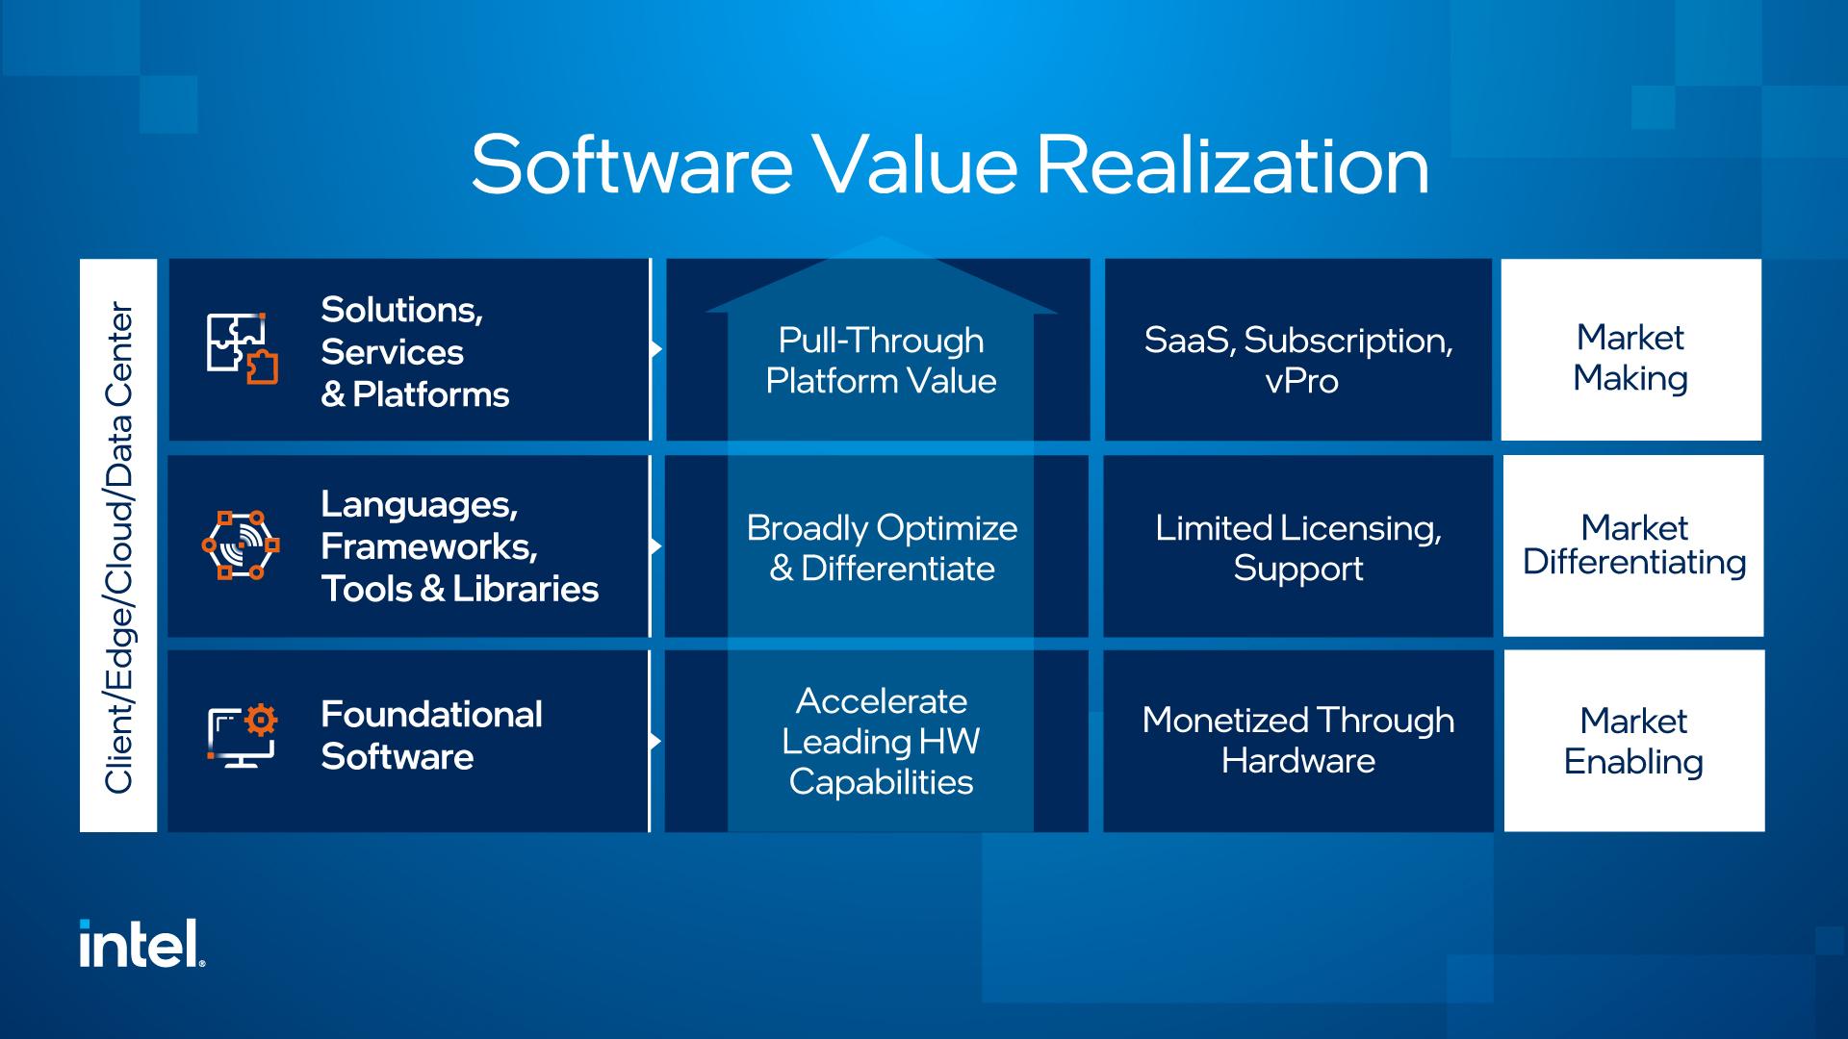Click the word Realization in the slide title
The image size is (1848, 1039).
click(x=1232, y=165)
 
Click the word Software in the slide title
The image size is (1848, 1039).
click(x=631, y=165)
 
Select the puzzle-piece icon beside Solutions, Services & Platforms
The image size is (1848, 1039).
click(x=242, y=348)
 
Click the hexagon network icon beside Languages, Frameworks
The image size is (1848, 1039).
click(x=241, y=545)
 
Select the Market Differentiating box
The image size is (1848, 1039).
click(x=1633, y=545)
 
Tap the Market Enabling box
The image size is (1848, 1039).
click(x=1633, y=741)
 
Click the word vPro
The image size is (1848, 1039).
click(x=1301, y=382)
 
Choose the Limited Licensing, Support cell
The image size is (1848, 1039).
click(x=1297, y=547)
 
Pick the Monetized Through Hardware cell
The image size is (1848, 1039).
click(x=1297, y=740)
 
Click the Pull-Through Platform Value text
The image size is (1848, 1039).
click(x=881, y=361)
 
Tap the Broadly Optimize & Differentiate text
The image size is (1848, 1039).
click(x=881, y=547)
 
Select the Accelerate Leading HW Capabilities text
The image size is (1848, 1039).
click(x=881, y=741)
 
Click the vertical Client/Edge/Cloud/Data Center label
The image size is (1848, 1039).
click(x=118, y=546)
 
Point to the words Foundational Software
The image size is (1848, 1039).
click(x=430, y=735)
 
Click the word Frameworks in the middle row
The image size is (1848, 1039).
click(x=427, y=546)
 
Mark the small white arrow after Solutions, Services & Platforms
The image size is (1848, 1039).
click(x=656, y=348)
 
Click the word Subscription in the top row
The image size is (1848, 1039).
click(x=1347, y=341)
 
